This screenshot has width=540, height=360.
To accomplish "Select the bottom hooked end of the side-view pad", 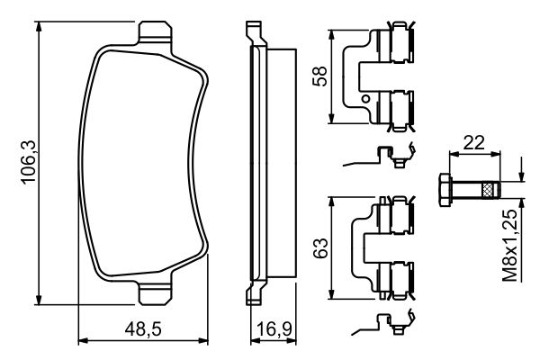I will point(252,294).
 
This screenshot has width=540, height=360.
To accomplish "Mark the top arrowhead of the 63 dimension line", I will point(336,201).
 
